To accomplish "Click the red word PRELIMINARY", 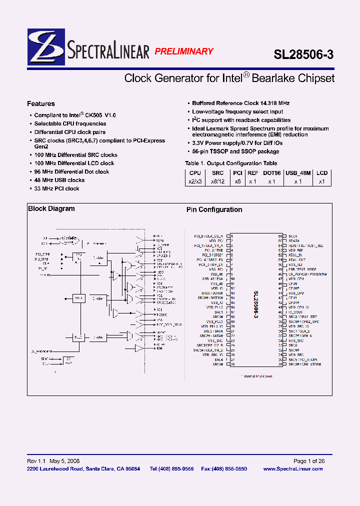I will click(183, 51).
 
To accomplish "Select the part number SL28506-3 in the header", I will click(303, 54).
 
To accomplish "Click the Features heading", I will click(41, 104).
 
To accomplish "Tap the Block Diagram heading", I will click(51, 209).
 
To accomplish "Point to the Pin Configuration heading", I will click(214, 210).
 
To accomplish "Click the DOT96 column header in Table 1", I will click(272, 173).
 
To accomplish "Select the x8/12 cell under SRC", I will click(217, 181).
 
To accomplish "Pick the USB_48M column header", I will click(298, 173).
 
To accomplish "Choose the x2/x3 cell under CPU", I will click(194, 181).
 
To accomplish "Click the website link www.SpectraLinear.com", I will click(292, 468).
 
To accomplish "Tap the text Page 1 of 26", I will click(308, 461).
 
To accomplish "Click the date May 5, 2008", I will click(63, 461).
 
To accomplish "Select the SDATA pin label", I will click(294, 240).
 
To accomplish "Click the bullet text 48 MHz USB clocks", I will click(59, 180).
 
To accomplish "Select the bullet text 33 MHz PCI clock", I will click(57, 188).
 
